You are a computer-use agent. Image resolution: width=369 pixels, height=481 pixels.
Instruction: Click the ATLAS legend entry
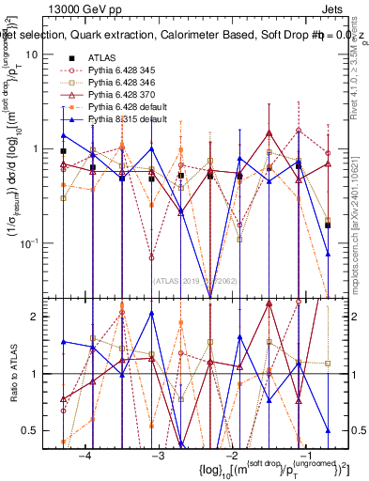tap(103, 56)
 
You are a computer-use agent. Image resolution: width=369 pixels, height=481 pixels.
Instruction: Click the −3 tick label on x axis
tap(158, 455)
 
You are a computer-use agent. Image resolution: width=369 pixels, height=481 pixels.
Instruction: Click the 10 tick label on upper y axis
tap(31, 54)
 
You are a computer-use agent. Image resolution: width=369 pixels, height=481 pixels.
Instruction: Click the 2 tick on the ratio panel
tap(37, 317)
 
